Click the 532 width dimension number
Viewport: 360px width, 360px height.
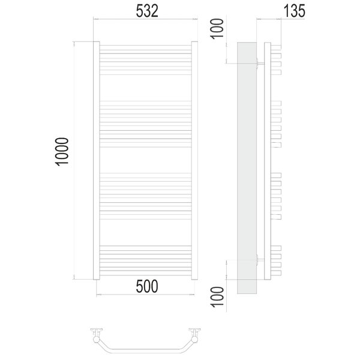[147, 11]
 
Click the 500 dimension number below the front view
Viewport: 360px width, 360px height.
[147, 286]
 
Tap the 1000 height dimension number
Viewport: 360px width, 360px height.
[62, 152]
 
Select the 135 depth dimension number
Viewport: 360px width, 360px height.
[295, 11]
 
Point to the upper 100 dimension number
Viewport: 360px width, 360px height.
[217, 29]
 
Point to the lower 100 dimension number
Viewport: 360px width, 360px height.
[217, 297]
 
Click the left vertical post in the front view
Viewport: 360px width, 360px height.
[97, 160]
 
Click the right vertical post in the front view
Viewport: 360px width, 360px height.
[194, 160]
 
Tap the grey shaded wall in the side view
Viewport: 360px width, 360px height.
[247, 168]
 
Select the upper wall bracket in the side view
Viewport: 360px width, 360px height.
[260, 63]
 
